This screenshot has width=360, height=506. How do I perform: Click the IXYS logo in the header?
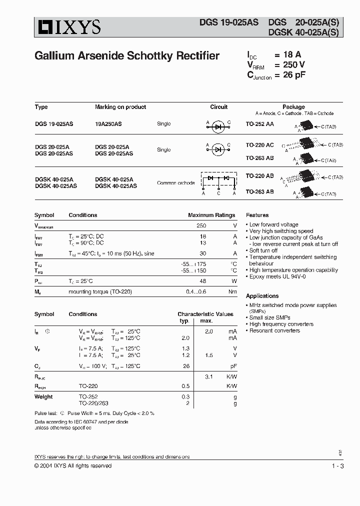[67, 27]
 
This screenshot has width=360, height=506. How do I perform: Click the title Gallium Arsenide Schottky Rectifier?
[127, 56]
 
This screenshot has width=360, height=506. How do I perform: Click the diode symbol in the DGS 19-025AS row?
[218, 127]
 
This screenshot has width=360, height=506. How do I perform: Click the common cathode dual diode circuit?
[218, 181]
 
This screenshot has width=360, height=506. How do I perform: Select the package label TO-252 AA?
[259, 123]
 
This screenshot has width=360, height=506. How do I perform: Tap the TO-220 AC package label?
[259, 145]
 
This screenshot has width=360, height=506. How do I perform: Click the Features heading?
[257, 215]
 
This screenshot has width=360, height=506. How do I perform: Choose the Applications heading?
[262, 296]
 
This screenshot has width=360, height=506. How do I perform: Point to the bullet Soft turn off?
[263, 250]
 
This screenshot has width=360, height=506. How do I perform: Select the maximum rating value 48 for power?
[202, 281]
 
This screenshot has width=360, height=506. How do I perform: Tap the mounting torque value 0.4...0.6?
[196, 291]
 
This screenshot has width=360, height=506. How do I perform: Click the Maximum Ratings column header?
[211, 215]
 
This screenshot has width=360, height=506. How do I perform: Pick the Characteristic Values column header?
[205, 314]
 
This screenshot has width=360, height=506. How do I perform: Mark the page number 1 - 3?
[337, 466]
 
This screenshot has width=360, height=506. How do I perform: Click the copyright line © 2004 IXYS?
[73, 466]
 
